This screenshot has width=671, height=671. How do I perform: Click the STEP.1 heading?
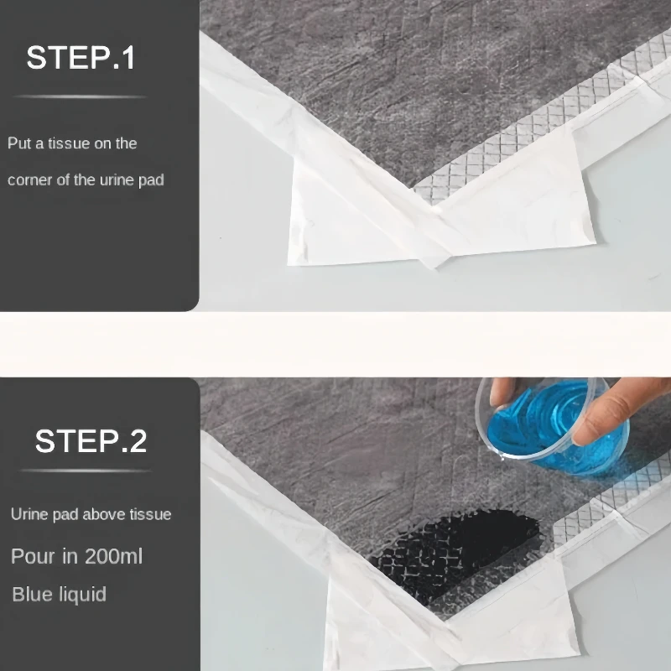pyautogui.click(x=81, y=57)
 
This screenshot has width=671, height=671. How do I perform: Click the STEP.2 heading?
pyautogui.click(x=91, y=441)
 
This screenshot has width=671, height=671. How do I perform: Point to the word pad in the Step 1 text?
pyautogui.click(x=151, y=181)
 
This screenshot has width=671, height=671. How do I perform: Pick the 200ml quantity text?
pyautogui.click(x=113, y=556)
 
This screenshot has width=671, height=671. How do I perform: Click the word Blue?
pyautogui.click(x=29, y=595)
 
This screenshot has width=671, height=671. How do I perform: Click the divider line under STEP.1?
pyautogui.click(x=81, y=96)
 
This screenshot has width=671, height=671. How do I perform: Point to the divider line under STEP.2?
pyautogui.click(x=86, y=471)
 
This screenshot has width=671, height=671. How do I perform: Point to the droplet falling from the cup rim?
pyautogui.click(x=502, y=458)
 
